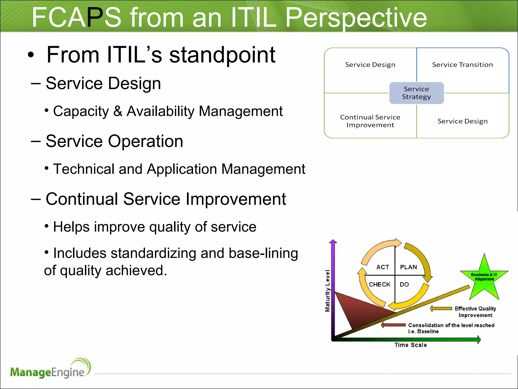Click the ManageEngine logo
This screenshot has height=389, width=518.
50,369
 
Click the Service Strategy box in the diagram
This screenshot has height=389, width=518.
416,93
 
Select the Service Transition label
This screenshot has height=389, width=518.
462,65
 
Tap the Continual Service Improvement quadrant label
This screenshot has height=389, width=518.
370,121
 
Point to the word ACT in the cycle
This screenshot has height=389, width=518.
383,267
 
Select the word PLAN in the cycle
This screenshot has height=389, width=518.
408,267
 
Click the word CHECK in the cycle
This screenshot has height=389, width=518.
379,284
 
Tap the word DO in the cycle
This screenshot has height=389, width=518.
404,284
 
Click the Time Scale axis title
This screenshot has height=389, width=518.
411,345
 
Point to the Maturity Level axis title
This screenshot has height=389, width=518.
328,291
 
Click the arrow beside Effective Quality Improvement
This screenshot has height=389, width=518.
441,308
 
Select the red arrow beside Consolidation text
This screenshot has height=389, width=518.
393,325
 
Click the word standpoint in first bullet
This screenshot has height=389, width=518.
222,55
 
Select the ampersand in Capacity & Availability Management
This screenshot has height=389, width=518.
118,111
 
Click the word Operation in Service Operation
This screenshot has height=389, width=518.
145,141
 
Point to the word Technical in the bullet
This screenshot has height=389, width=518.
84,169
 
